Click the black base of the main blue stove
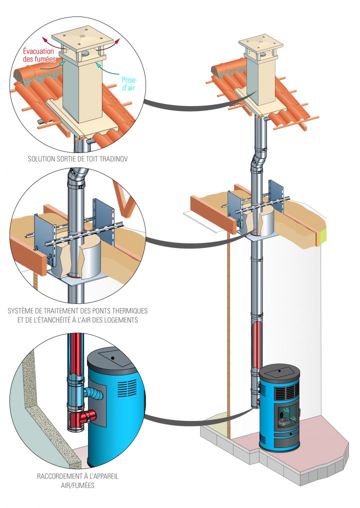[x=280, y=442]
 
